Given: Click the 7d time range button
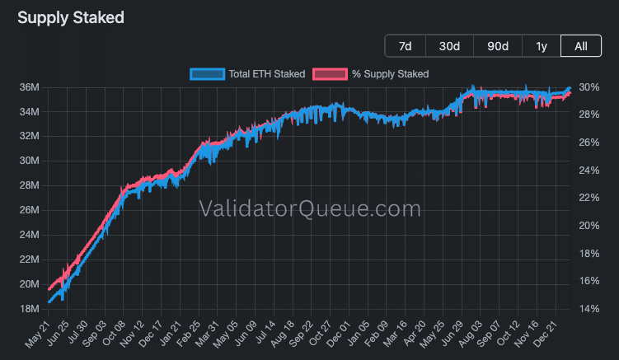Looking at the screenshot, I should coord(405,46).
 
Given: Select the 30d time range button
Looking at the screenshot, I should coord(449,46).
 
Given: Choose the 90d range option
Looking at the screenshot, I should coord(498,46).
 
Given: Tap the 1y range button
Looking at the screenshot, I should coord(542,46).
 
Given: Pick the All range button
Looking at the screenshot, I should coord(581,46).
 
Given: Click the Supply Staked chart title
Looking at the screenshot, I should coord(71,16).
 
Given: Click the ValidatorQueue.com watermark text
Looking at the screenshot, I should coord(310,209).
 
